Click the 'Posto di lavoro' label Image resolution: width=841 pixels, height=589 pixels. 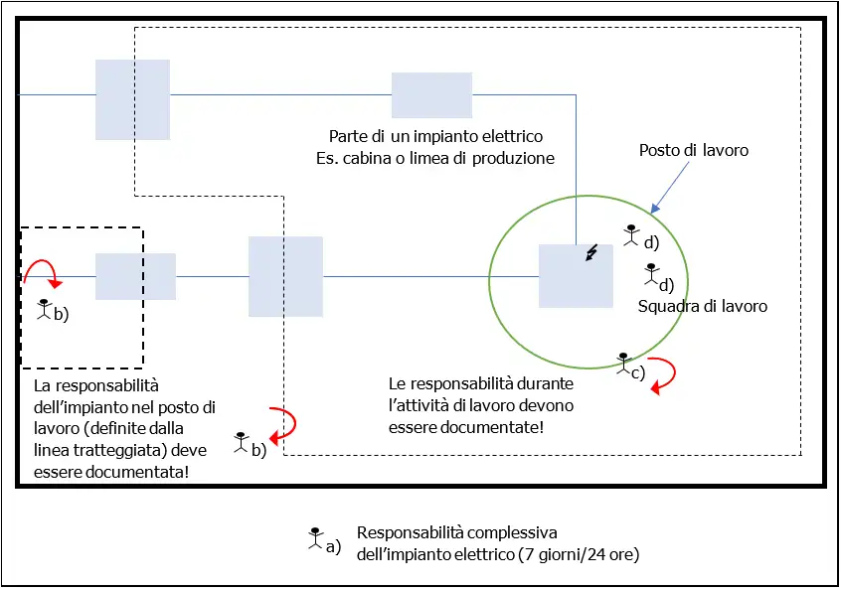pyautogui.click(x=692, y=150)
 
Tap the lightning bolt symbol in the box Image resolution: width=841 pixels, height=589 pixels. pyautogui.click(x=592, y=254)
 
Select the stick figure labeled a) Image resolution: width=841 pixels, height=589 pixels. pyautogui.click(x=314, y=537)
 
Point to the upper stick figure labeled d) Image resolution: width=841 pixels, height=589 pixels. pyautogui.click(x=631, y=234)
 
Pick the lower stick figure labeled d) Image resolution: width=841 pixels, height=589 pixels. pyautogui.click(x=651, y=273)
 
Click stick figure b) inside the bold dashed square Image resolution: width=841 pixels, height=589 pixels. pyautogui.click(x=44, y=309)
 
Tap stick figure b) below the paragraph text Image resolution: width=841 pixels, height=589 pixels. pyautogui.click(x=241, y=442)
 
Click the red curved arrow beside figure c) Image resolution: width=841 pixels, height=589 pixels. pyautogui.click(x=661, y=374)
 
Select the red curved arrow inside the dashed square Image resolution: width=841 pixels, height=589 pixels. pyautogui.click(x=42, y=272)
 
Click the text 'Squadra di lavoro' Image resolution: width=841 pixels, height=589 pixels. pyautogui.click(x=702, y=307)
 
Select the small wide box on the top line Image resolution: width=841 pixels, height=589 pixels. pyautogui.click(x=431, y=95)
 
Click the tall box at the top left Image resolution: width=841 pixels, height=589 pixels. pyautogui.click(x=132, y=99)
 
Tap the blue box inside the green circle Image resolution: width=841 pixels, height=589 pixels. pyautogui.click(x=576, y=276)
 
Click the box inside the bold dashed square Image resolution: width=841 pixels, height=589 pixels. pyautogui.click(x=135, y=276)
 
